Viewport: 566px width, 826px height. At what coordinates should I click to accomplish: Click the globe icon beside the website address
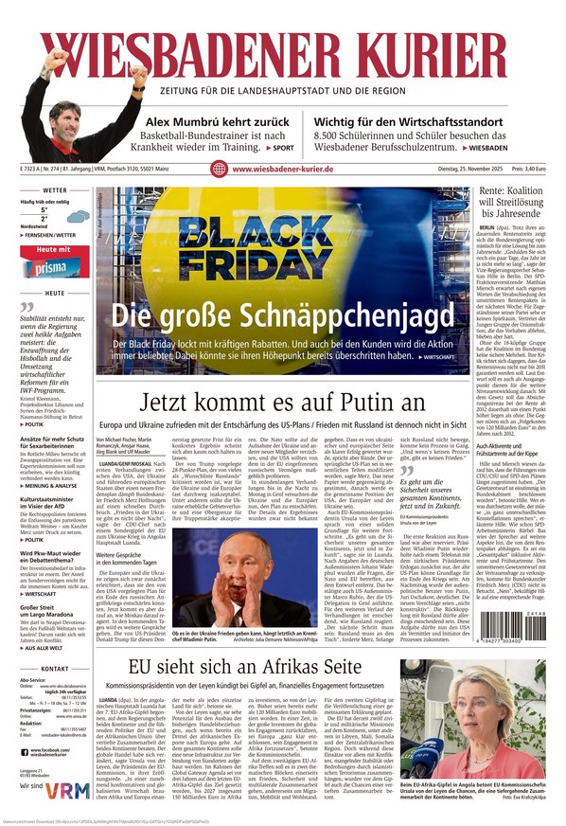click(218, 170)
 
